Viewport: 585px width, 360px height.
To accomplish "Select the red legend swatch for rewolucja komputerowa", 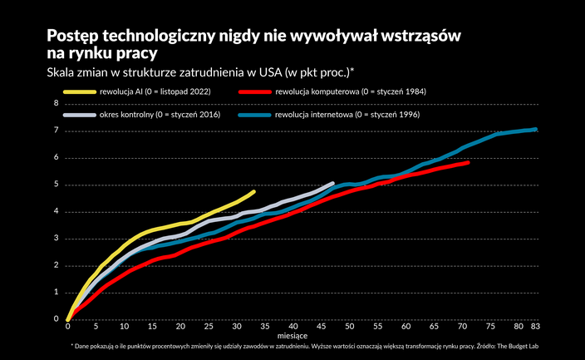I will pyautogui.click(x=255, y=91).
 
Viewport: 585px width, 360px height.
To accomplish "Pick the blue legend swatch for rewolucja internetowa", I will pyautogui.click(x=255, y=113).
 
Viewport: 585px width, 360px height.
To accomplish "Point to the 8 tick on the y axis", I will pyautogui.click(x=57, y=103).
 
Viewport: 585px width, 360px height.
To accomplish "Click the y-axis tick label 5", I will pyautogui.click(x=57, y=185).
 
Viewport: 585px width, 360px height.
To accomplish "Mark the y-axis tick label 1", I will pyautogui.click(x=57, y=293).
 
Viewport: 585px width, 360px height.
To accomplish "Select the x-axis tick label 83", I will pyautogui.click(x=535, y=327).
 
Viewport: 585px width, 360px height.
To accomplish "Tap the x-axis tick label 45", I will pyautogui.click(x=322, y=327).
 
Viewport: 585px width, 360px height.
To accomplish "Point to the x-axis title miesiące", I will pyautogui.click(x=301, y=336).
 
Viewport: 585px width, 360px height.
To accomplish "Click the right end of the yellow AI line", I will pyautogui.click(x=253, y=192).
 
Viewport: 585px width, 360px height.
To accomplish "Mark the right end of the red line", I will pyautogui.click(x=469, y=163).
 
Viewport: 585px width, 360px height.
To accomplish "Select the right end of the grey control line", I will pyautogui.click(x=332, y=184).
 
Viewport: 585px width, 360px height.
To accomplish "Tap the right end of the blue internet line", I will pyautogui.click(x=536, y=130).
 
